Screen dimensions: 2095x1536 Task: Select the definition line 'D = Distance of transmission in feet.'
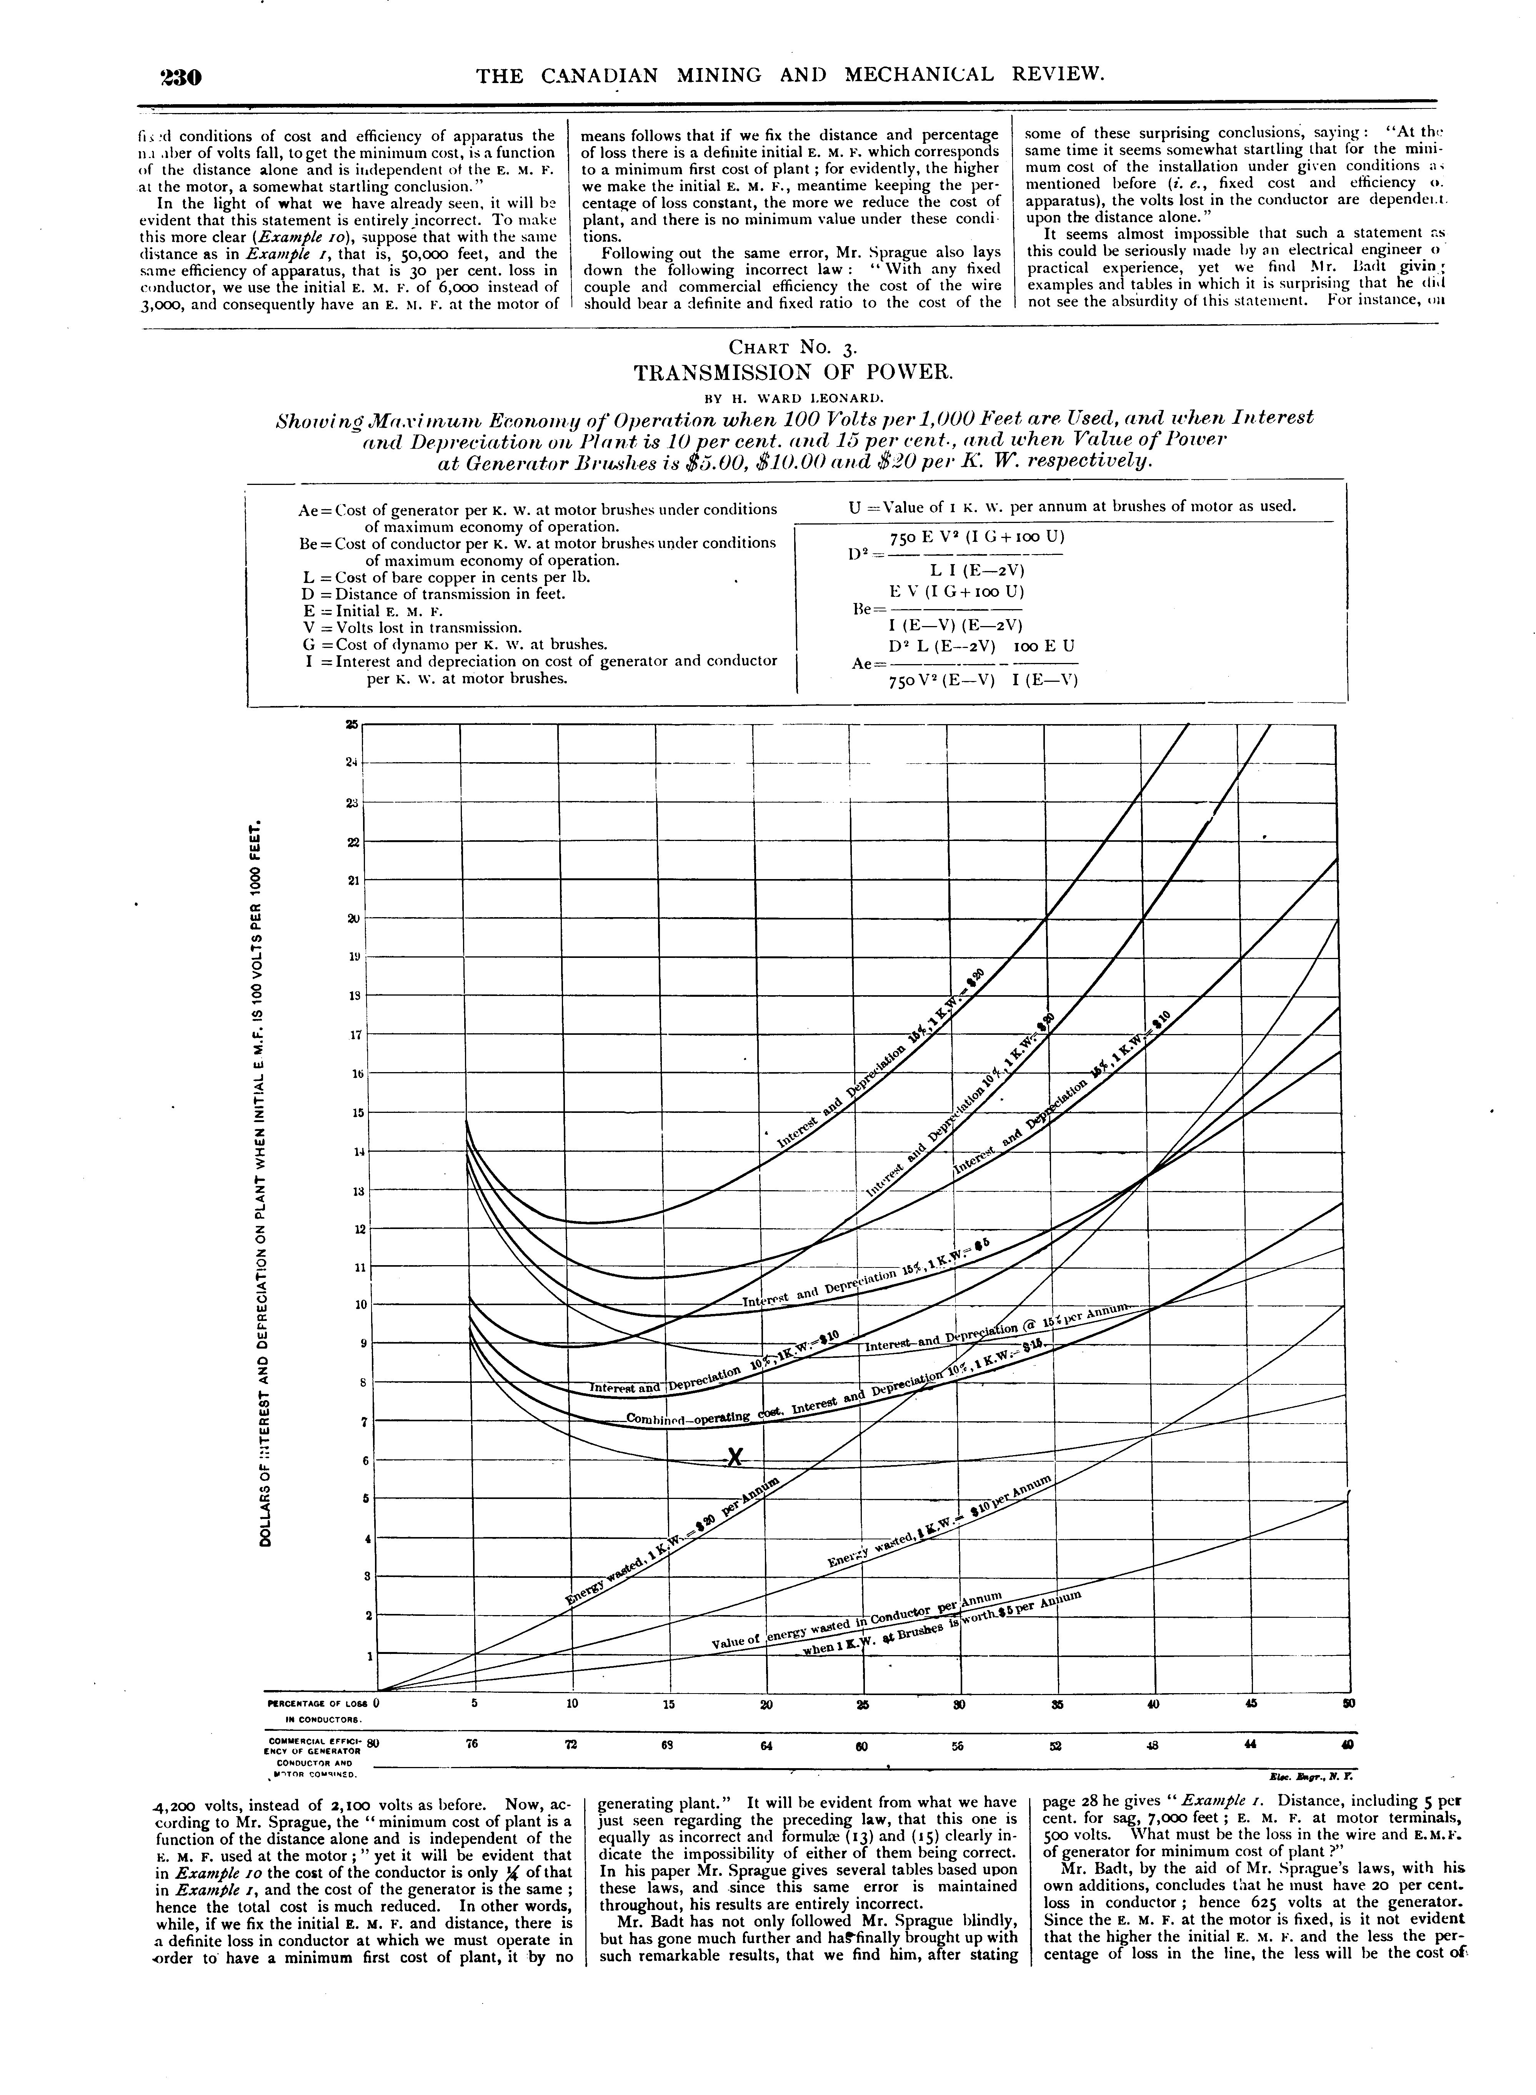(x=428, y=594)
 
